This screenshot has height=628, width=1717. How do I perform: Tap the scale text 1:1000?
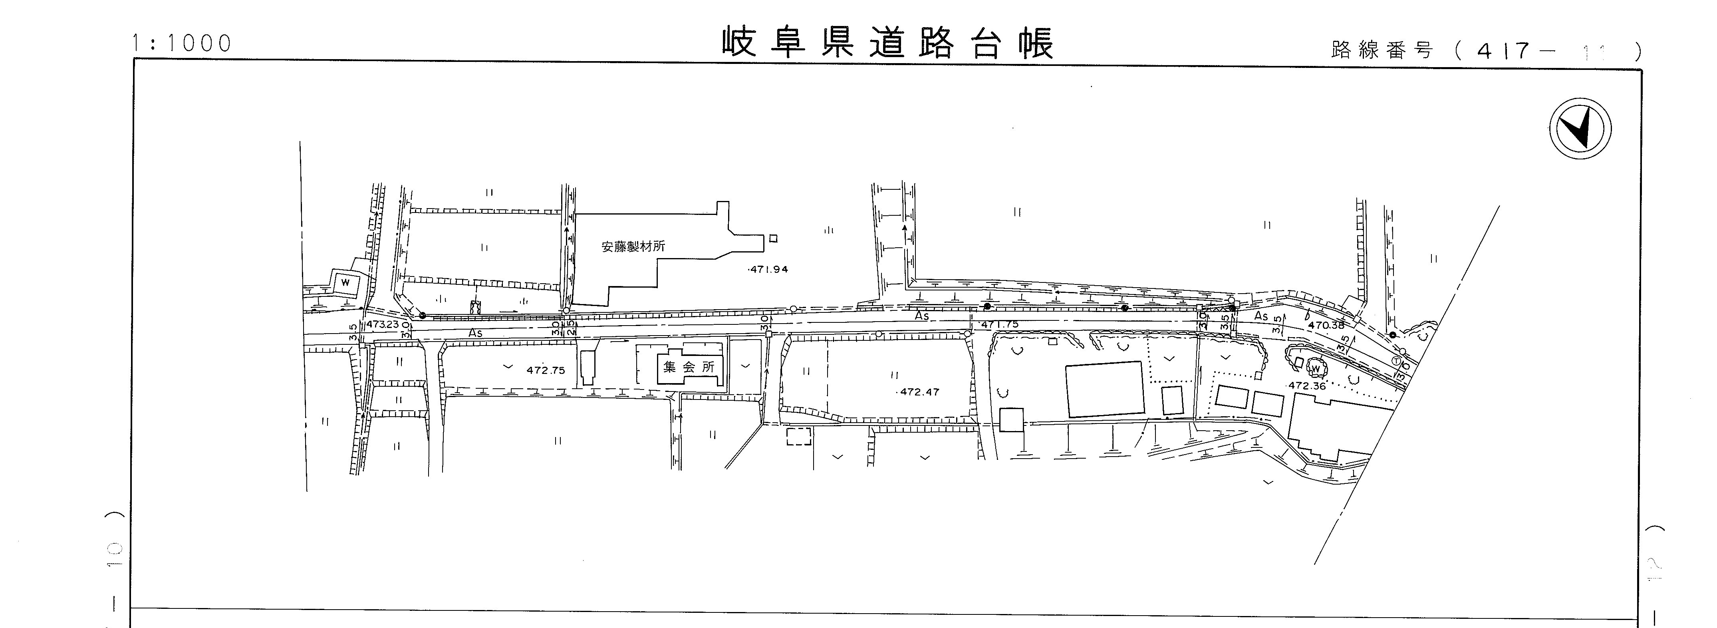click(181, 44)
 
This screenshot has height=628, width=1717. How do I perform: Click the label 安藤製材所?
click(633, 246)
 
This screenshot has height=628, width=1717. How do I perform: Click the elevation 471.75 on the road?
click(999, 325)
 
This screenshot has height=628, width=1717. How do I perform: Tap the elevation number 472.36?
click(1306, 386)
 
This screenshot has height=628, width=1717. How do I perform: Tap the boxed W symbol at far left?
click(345, 283)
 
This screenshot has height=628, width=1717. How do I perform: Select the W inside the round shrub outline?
click(1315, 368)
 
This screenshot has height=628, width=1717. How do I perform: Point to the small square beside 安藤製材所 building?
click(773, 238)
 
